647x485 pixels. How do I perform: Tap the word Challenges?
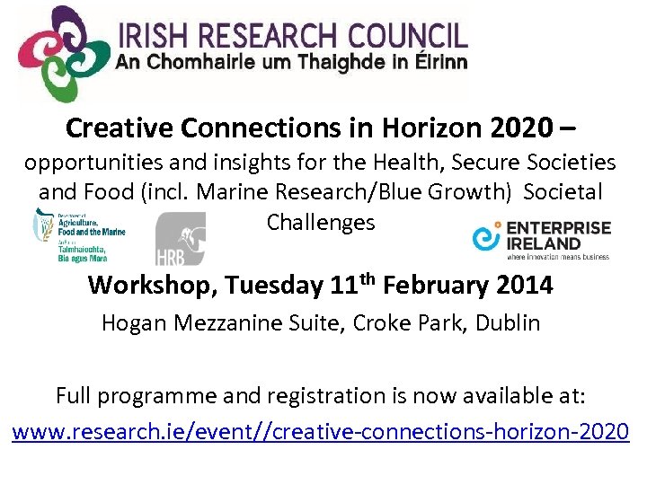(x=321, y=221)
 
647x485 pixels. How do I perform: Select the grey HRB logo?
(x=180, y=238)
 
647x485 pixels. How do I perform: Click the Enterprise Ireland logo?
(x=542, y=238)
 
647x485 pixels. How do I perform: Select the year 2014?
(x=525, y=286)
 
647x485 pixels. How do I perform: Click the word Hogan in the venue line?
(x=132, y=322)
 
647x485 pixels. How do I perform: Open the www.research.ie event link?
(x=321, y=431)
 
